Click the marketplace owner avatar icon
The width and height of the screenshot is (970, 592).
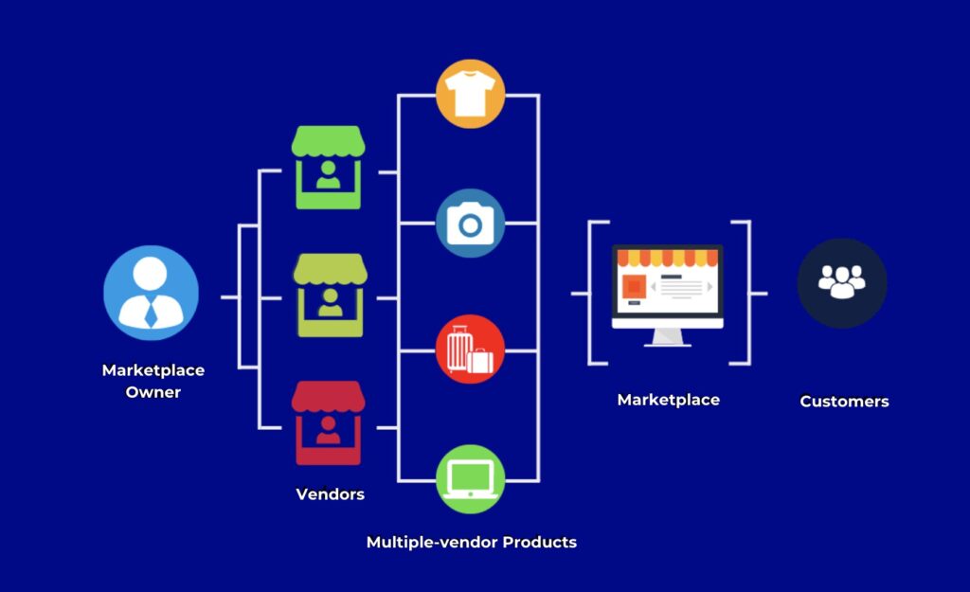point(151,293)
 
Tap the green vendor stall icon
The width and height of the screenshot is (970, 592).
point(328,168)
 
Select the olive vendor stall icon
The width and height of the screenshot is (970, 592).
point(329,295)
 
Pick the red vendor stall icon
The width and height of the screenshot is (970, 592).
point(328,422)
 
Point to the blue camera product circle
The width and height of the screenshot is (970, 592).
point(470,224)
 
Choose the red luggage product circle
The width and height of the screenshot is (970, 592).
point(470,350)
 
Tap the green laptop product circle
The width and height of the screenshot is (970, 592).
point(470,478)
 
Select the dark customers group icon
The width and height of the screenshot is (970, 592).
point(841,282)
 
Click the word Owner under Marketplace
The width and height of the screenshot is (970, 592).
point(153,392)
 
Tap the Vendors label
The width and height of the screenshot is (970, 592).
point(330,494)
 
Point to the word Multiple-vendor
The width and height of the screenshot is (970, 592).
point(432,543)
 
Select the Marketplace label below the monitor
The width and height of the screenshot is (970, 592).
point(668,400)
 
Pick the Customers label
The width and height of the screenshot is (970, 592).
point(844,402)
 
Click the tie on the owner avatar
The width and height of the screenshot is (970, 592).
point(151,312)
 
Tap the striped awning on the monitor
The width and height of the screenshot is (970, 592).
point(667,258)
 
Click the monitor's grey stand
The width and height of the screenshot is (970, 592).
point(667,337)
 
